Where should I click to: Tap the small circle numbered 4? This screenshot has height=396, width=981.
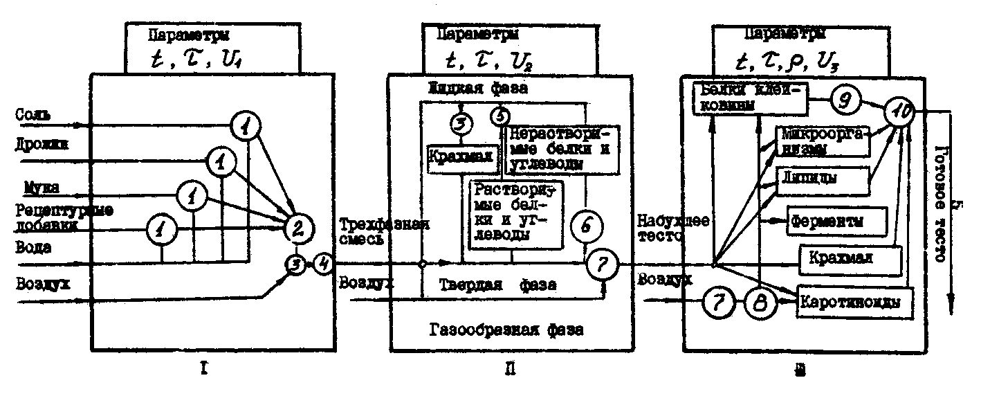324,264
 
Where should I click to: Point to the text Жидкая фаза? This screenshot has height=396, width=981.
477,89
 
